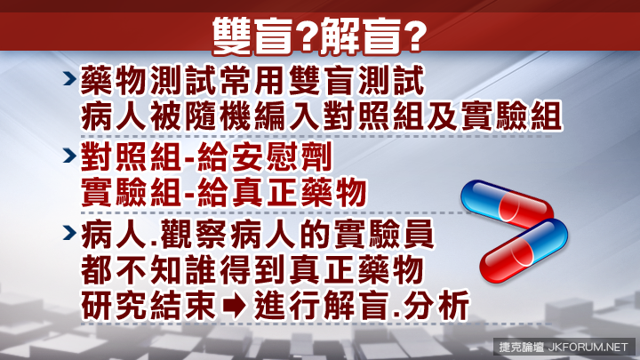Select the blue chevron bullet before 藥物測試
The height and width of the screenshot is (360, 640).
[70, 78]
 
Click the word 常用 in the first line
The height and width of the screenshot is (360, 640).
[252, 81]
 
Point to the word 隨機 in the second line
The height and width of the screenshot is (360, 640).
[218, 116]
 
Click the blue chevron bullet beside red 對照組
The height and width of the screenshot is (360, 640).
[70, 156]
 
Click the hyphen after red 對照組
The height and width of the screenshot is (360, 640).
[189, 158]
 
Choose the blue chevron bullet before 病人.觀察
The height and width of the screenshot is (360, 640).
[70, 233]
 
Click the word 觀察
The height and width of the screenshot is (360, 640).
[194, 235]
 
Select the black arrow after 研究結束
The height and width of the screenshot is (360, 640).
[235, 306]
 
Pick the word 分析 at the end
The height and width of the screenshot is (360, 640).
[436, 305]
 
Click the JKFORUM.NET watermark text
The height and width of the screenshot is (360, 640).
[588, 348]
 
